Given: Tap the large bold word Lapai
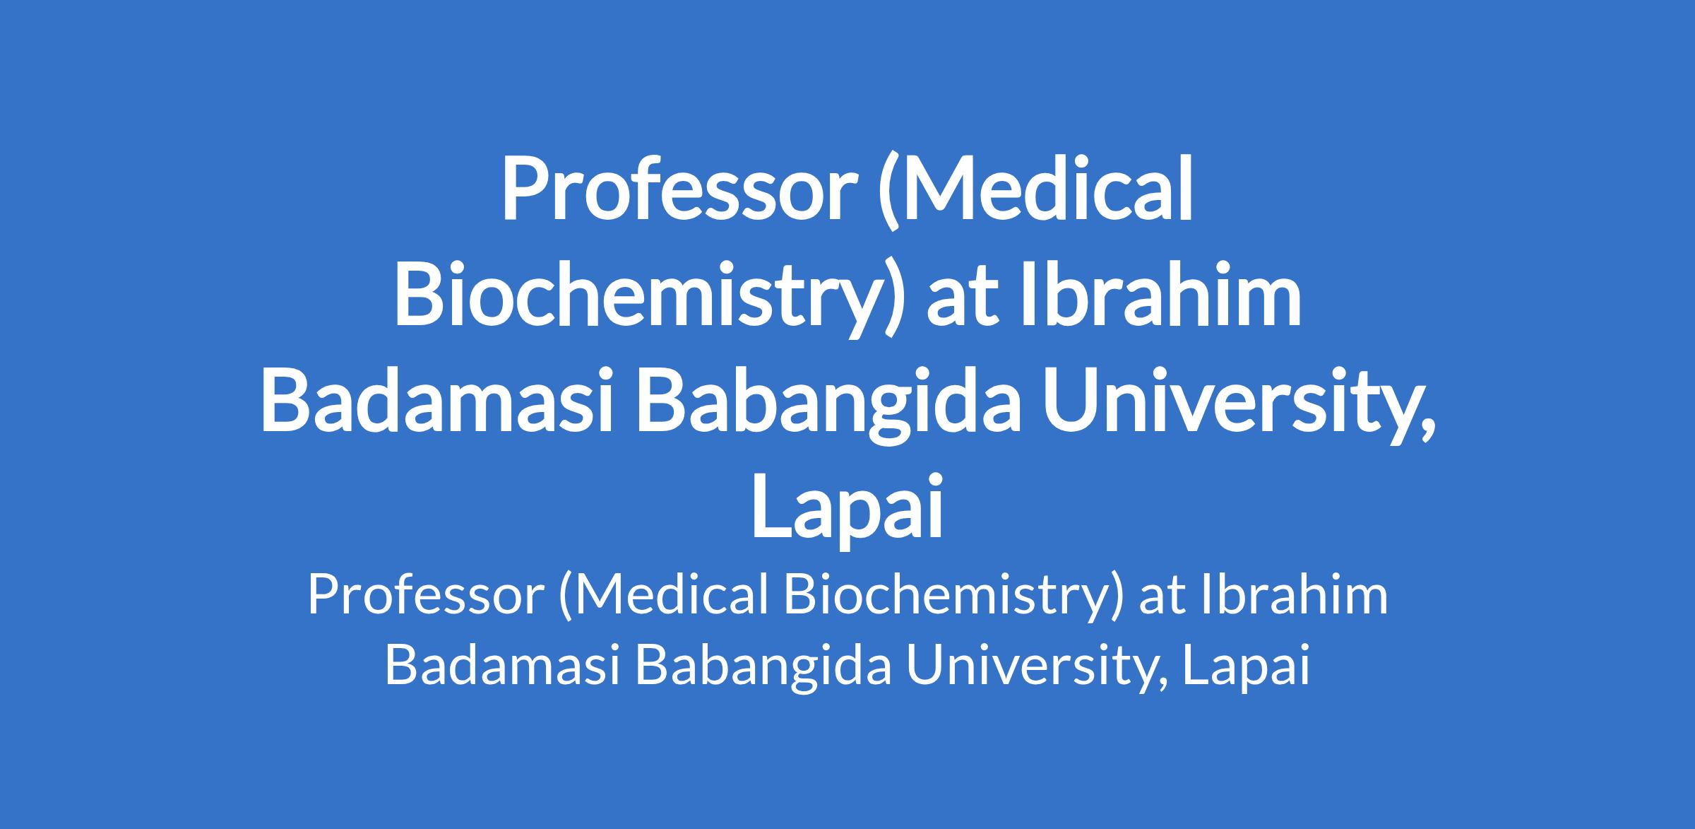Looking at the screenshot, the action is click(847, 507).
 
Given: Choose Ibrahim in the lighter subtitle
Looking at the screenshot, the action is click(1293, 595).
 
